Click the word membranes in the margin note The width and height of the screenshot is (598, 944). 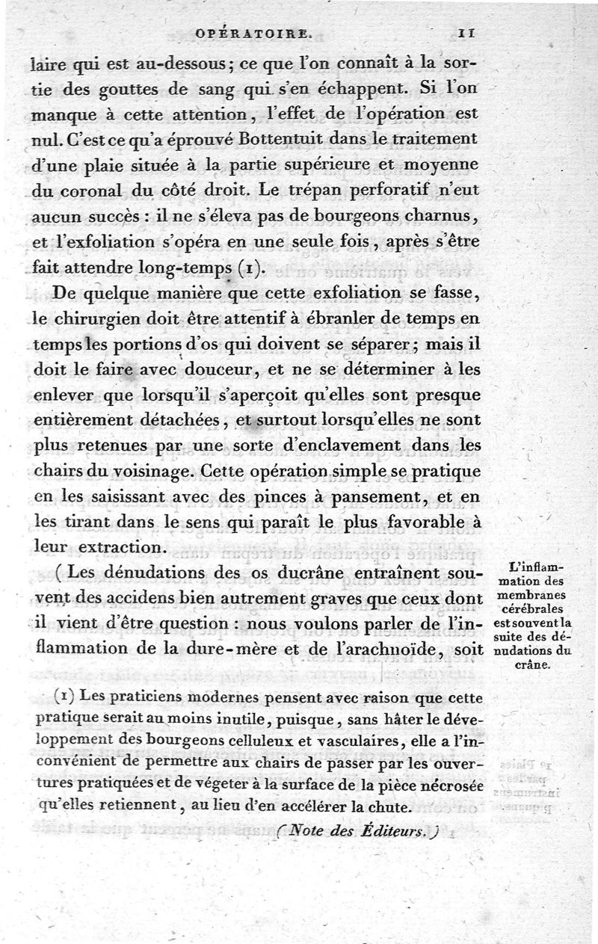coord(532,594)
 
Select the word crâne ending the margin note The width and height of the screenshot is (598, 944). coord(532,664)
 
